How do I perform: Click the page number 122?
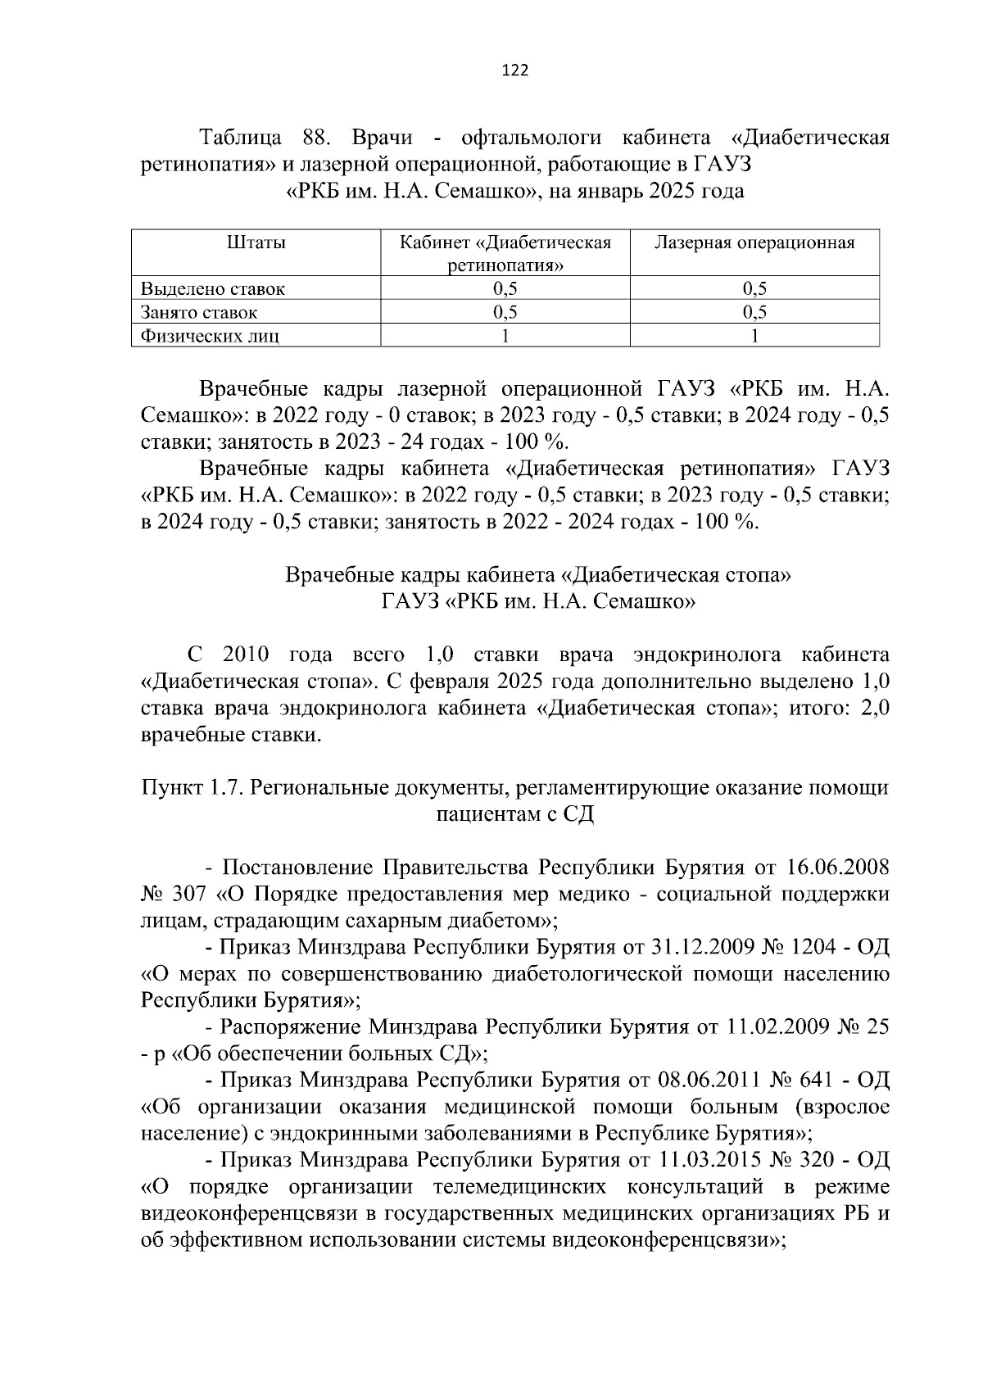[x=514, y=70]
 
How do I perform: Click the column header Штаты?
[x=256, y=243]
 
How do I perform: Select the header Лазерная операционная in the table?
[x=754, y=243]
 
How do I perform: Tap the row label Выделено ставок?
[x=213, y=288]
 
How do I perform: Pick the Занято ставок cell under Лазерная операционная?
[x=754, y=312]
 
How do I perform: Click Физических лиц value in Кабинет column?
[x=505, y=335]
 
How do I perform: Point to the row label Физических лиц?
[x=210, y=336]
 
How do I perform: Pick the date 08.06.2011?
[x=702, y=1080]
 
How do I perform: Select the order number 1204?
[x=810, y=947]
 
